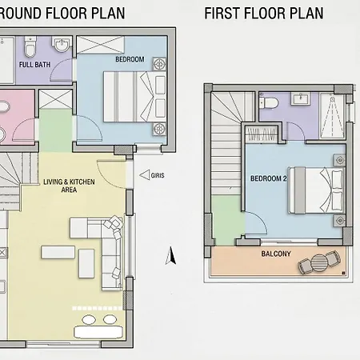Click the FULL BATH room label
34,65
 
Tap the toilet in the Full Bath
30,46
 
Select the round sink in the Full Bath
62,45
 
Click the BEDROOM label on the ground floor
130,59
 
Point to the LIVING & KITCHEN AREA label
69,186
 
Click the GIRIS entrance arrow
145,175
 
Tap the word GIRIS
158,175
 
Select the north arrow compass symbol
170,256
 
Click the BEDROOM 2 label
269,178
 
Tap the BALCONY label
276,254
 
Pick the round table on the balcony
319,262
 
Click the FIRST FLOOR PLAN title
264,13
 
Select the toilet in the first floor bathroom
269,102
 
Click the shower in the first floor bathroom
333,116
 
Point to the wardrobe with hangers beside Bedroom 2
262,134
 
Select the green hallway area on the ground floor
55,130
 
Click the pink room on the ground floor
17,118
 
